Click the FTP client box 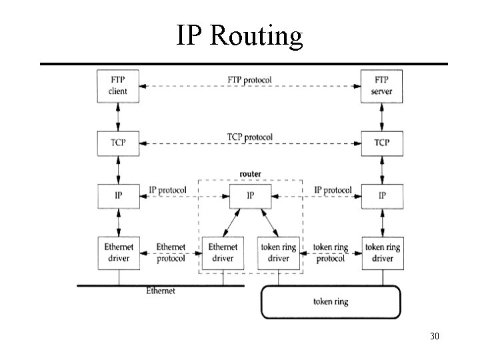point(118,85)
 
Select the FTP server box point(382,85)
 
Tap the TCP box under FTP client point(118,142)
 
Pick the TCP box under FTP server point(382,142)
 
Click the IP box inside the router point(251,195)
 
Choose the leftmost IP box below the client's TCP point(118,195)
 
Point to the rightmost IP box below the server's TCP point(382,195)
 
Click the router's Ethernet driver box point(223,253)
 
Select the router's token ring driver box point(279,253)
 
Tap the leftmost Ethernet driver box point(118,253)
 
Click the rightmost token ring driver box point(382,253)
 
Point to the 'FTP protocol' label point(249,80)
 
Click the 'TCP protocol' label point(249,137)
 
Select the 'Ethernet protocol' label point(171,253)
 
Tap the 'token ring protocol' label point(331,253)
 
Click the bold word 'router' point(251,174)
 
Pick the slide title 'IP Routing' point(239,35)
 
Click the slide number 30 point(434,336)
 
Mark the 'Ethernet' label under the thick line point(161,291)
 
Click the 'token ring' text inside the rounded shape point(331,301)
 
